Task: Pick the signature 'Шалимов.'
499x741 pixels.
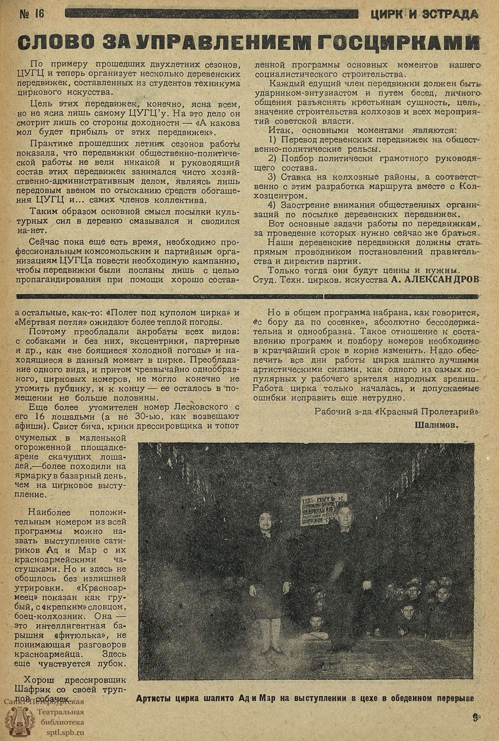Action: click(x=436, y=425)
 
